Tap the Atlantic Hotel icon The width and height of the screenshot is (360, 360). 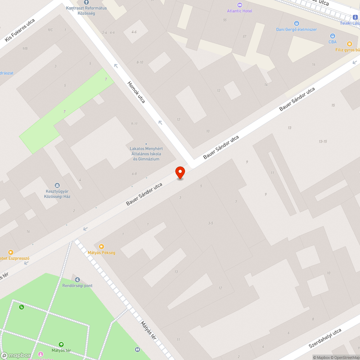(240, 5)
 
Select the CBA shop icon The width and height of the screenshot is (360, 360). (332, 36)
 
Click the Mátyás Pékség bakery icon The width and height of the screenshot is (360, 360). (102, 247)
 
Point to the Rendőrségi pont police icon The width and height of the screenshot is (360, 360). (77, 279)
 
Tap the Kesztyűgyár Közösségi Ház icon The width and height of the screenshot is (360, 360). (57, 185)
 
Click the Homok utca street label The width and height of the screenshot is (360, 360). (136, 92)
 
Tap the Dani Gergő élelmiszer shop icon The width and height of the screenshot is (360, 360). (297, 23)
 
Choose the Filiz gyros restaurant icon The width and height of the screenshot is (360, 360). (349, 44)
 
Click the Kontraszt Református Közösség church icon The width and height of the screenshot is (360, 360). (86, 2)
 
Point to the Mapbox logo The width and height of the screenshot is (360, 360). (16, 355)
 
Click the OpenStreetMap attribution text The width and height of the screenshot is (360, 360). (344, 357)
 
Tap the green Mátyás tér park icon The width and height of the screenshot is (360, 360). (61, 345)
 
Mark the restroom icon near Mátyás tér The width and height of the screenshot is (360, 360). (137, 349)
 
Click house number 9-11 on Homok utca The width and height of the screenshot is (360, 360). (134, 124)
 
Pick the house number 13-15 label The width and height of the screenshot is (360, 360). (323, 141)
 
